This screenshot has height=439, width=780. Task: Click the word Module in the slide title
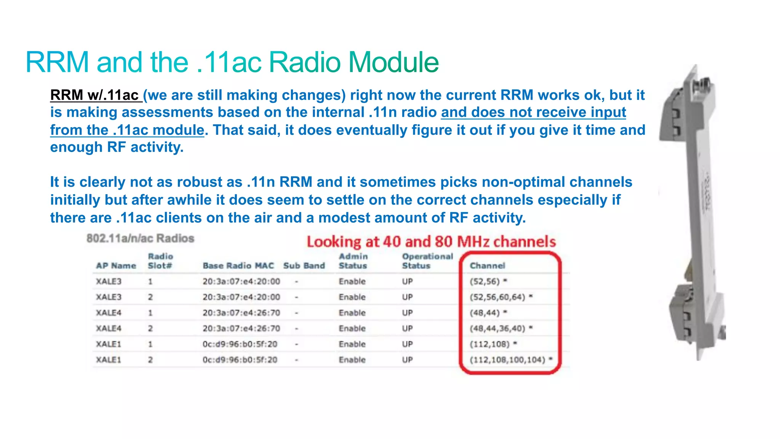pyautogui.click(x=393, y=62)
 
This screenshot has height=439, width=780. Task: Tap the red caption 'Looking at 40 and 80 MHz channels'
pyautogui.click(x=431, y=242)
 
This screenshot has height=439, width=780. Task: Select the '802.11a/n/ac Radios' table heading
pyautogui.click(x=140, y=238)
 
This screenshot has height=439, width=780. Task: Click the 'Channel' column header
pyautogui.click(x=487, y=266)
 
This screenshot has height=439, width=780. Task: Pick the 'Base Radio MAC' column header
pyautogui.click(x=238, y=266)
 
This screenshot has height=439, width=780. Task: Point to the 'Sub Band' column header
pyautogui.click(x=304, y=266)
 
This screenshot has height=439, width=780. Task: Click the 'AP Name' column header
pyautogui.click(x=116, y=266)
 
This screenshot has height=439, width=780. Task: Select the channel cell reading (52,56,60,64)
pyautogui.click(x=497, y=297)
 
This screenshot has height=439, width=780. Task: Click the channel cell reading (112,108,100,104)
pyautogui.click(x=507, y=360)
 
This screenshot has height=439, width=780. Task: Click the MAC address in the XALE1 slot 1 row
pyautogui.click(x=240, y=344)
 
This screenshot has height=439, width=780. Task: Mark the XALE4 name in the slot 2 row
pyautogui.click(x=109, y=329)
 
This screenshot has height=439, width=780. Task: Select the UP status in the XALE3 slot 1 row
pyautogui.click(x=407, y=281)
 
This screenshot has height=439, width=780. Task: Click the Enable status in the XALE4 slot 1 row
pyautogui.click(x=352, y=313)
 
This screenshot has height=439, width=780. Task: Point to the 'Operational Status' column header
pyautogui.click(x=427, y=261)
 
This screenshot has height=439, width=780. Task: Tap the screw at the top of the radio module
pyautogui.click(x=703, y=85)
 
